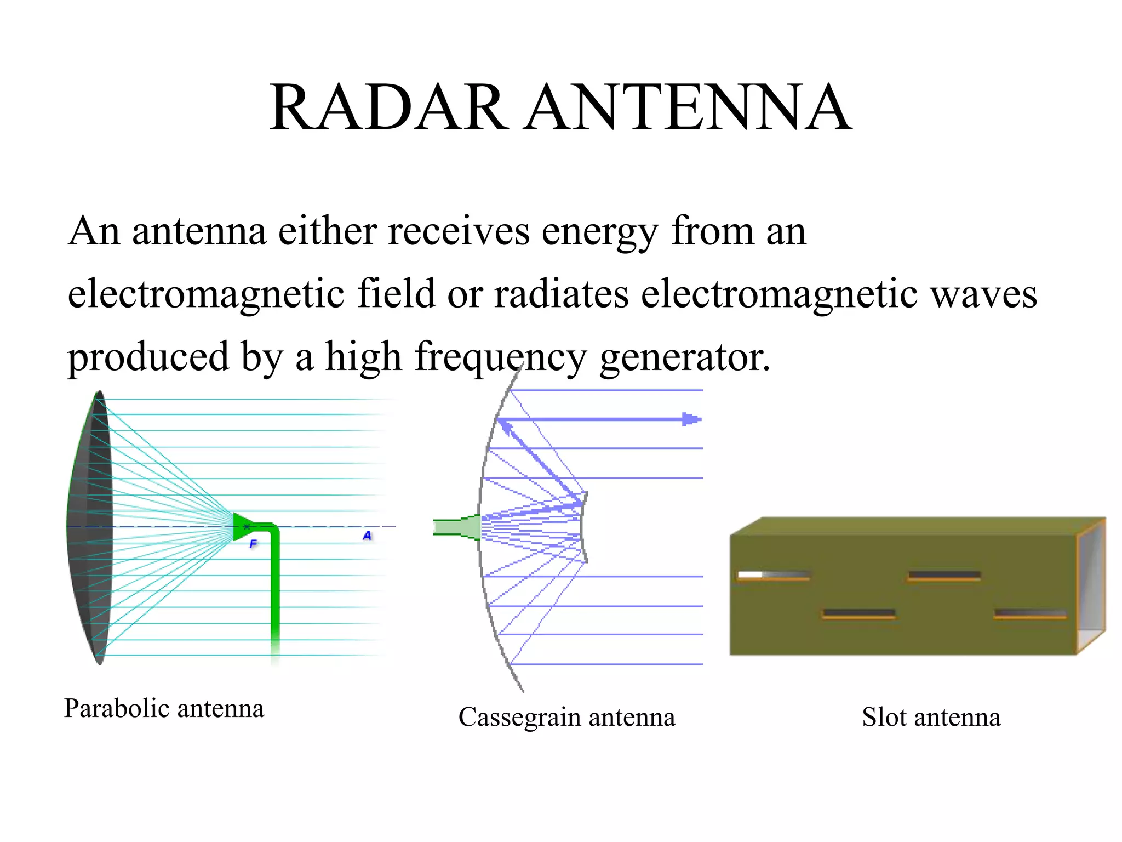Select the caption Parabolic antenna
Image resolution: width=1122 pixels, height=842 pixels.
[x=164, y=708]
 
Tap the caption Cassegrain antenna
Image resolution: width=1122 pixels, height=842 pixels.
[x=566, y=717]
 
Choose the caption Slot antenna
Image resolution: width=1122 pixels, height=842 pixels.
[x=931, y=717]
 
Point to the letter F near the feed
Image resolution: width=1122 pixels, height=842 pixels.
[x=253, y=544]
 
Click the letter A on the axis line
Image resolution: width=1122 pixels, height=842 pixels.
[x=367, y=535]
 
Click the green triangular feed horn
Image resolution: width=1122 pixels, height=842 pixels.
[x=242, y=526]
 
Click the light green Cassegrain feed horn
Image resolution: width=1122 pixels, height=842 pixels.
[x=458, y=527]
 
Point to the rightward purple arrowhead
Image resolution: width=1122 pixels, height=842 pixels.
[x=691, y=419]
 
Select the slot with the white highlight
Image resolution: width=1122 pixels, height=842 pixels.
[x=773, y=575]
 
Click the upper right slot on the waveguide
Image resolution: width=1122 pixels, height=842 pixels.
[x=944, y=576]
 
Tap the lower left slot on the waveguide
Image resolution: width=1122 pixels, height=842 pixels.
[x=858, y=613]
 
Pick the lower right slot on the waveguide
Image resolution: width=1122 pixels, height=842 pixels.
[x=1030, y=613]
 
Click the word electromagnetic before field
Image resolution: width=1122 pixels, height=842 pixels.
[x=206, y=294]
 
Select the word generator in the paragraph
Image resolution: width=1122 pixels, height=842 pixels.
[x=684, y=357]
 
